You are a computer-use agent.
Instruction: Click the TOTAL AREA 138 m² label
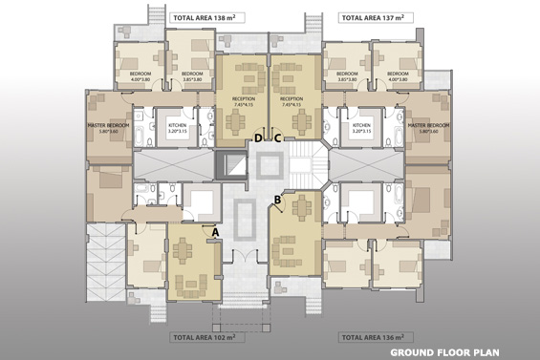(x=204, y=18)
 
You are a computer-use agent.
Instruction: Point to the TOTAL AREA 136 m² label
(x=376, y=337)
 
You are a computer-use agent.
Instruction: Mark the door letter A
(x=215, y=231)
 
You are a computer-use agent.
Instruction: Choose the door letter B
(x=278, y=200)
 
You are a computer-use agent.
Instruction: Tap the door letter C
(x=277, y=138)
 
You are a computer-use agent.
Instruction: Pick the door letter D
(x=258, y=138)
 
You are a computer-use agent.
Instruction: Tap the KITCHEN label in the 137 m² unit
(x=360, y=127)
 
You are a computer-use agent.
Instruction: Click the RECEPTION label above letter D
(x=243, y=100)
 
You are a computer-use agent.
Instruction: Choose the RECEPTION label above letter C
(x=292, y=100)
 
